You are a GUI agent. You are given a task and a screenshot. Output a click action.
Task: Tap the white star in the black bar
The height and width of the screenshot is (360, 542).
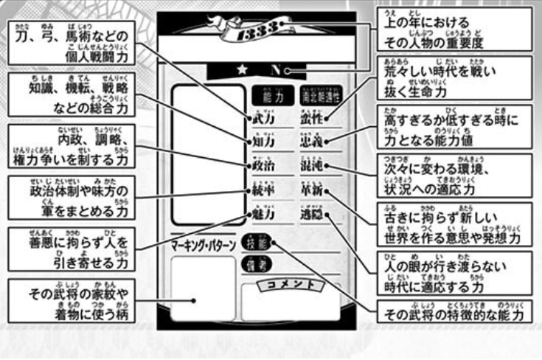coord(241,71)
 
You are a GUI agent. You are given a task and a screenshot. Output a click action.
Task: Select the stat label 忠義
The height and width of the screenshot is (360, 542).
coord(313,141)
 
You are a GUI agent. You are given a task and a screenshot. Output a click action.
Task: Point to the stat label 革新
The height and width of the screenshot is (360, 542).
coord(313,190)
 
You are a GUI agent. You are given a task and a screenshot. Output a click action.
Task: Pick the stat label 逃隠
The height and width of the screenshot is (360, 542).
coord(313,215)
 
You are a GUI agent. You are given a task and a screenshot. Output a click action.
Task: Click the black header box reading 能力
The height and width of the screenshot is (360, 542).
coord(266,94)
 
